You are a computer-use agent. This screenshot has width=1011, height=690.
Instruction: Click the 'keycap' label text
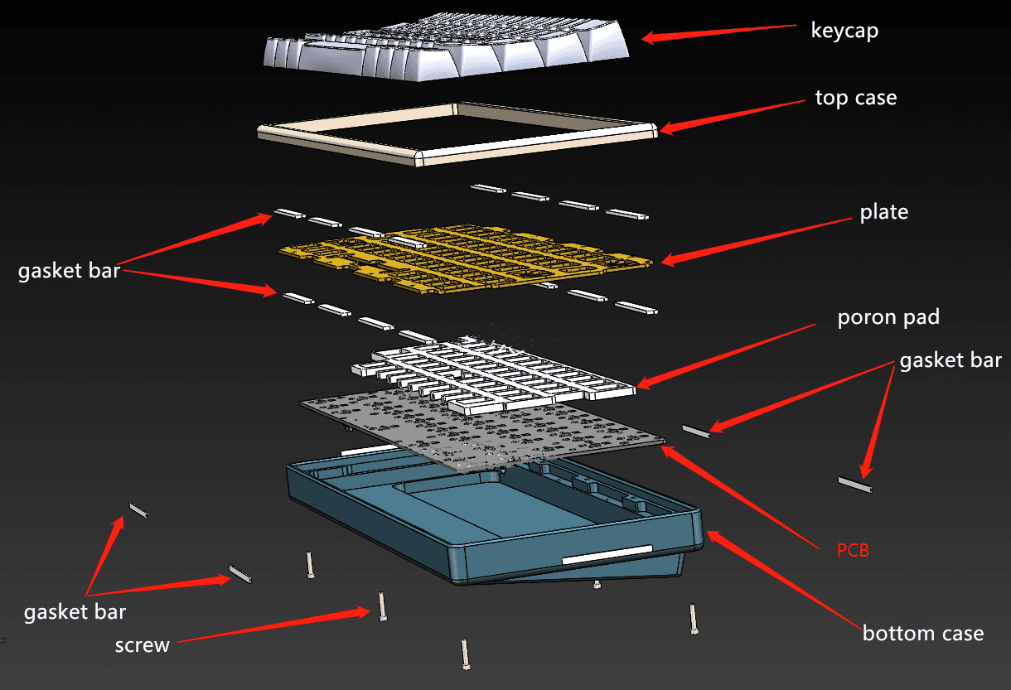[844, 31]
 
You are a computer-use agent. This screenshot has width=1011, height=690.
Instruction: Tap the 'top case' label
[855, 98]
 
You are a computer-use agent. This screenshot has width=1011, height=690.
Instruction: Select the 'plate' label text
[883, 212]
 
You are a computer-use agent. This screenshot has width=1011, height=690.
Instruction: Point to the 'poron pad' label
[888, 318]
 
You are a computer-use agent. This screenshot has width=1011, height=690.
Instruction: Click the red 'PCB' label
[853, 549]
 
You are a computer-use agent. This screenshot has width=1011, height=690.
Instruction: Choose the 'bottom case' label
[923, 634]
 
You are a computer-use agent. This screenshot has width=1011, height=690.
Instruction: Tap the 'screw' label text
[143, 644]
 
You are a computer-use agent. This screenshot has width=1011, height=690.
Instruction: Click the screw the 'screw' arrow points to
[382, 606]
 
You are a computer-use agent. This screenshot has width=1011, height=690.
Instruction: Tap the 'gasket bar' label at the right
[951, 360]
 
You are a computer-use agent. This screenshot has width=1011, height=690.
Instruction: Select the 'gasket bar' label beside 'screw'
[75, 612]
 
